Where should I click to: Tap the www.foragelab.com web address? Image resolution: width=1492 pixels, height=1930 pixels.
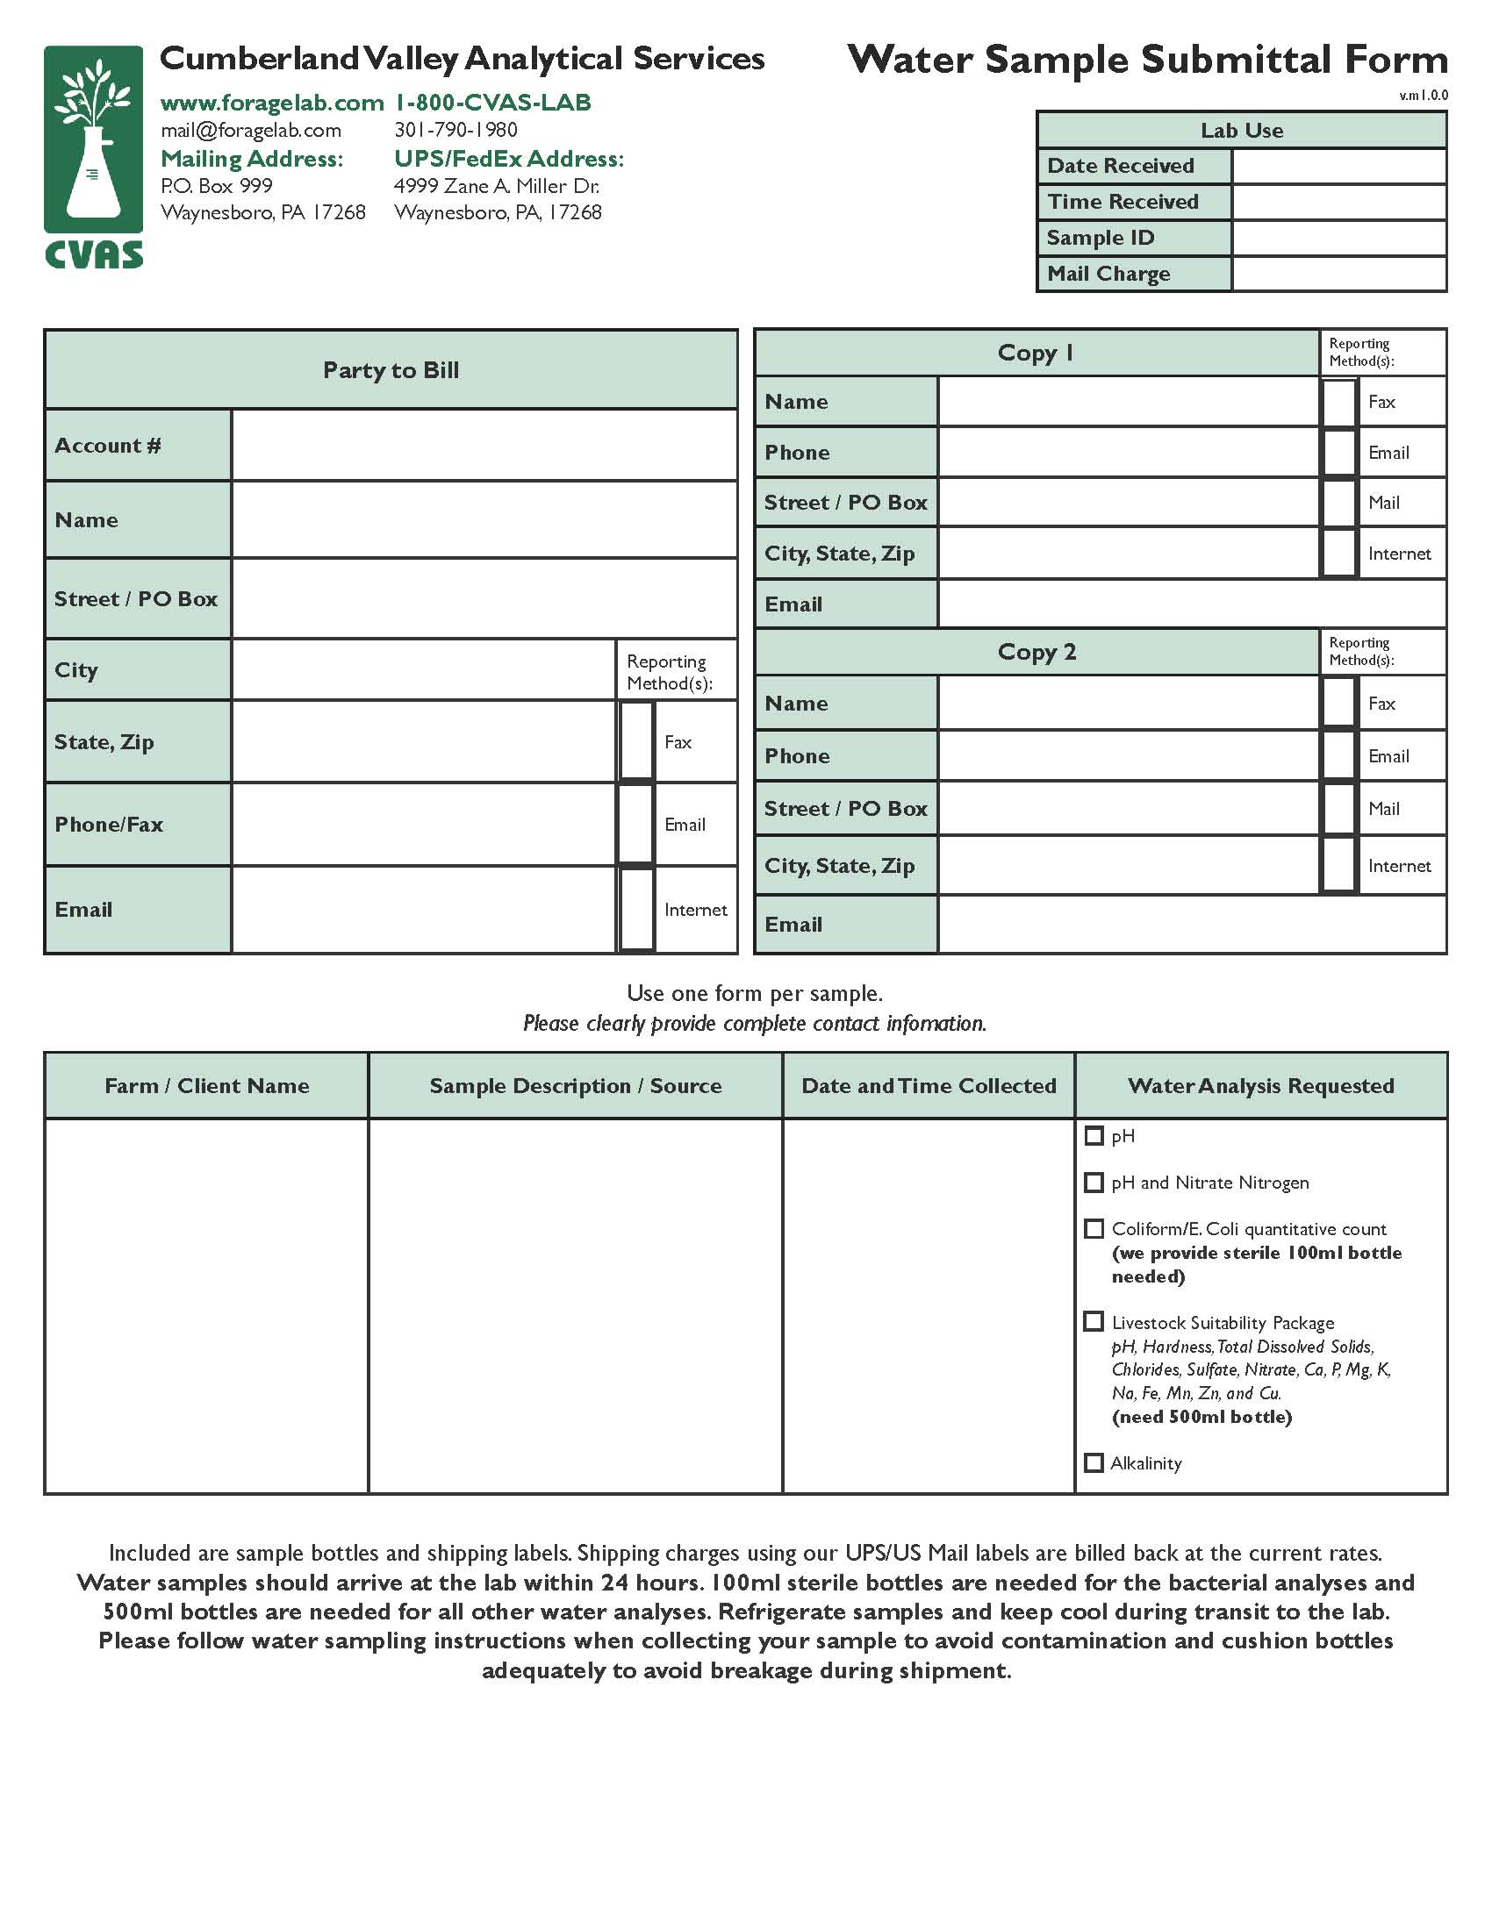point(271,104)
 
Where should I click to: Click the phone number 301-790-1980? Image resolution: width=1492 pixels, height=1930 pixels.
point(455,130)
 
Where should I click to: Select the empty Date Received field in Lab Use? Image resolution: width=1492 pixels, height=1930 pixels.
point(1338,166)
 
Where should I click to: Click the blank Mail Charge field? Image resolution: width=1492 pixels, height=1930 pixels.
point(1338,274)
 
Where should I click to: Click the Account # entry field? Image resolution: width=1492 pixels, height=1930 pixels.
point(484,446)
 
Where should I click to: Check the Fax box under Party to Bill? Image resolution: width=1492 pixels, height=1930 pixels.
point(636,741)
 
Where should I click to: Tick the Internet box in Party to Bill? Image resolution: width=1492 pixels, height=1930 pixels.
point(636,910)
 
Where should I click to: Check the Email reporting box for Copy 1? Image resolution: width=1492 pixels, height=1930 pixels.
point(1339,453)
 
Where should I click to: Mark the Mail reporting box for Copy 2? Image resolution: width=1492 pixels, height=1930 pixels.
point(1339,809)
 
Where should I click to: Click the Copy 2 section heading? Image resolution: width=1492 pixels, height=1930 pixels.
point(1037,652)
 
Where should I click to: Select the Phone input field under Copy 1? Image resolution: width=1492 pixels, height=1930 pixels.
point(1128,453)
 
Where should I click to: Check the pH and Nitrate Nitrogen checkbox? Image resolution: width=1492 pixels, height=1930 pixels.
point(1094,1183)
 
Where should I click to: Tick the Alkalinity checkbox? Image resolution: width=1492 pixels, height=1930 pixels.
point(1094,1463)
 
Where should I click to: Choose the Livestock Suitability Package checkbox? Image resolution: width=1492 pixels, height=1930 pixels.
point(1094,1322)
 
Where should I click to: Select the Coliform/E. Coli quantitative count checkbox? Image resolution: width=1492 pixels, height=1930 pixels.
point(1094,1229)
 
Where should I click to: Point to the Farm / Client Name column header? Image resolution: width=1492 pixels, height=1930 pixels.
point(207,1086)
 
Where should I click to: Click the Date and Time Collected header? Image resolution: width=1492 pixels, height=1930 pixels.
point(928,1086)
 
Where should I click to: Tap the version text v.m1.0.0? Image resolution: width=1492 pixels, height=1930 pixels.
point(1423,96)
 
